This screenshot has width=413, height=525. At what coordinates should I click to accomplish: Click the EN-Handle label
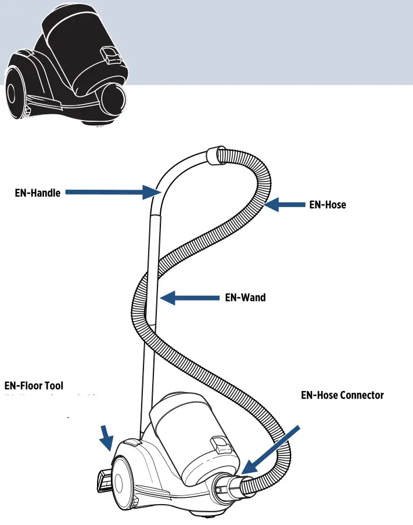[x=37, y=193]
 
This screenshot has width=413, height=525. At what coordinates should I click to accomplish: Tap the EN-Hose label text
[x=328, y=204]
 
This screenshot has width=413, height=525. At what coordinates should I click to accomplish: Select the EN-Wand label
[x=245, y=298]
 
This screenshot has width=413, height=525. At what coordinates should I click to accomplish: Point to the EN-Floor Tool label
[x=34, y=386]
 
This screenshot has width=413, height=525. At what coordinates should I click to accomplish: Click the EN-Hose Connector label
[x=342, y=395]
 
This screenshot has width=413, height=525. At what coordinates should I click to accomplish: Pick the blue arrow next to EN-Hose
[x=284, y=204]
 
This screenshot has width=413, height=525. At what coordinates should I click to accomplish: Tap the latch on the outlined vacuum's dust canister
[x=221, y=446]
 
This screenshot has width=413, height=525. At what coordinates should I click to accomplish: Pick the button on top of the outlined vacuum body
[x=132, y=443]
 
